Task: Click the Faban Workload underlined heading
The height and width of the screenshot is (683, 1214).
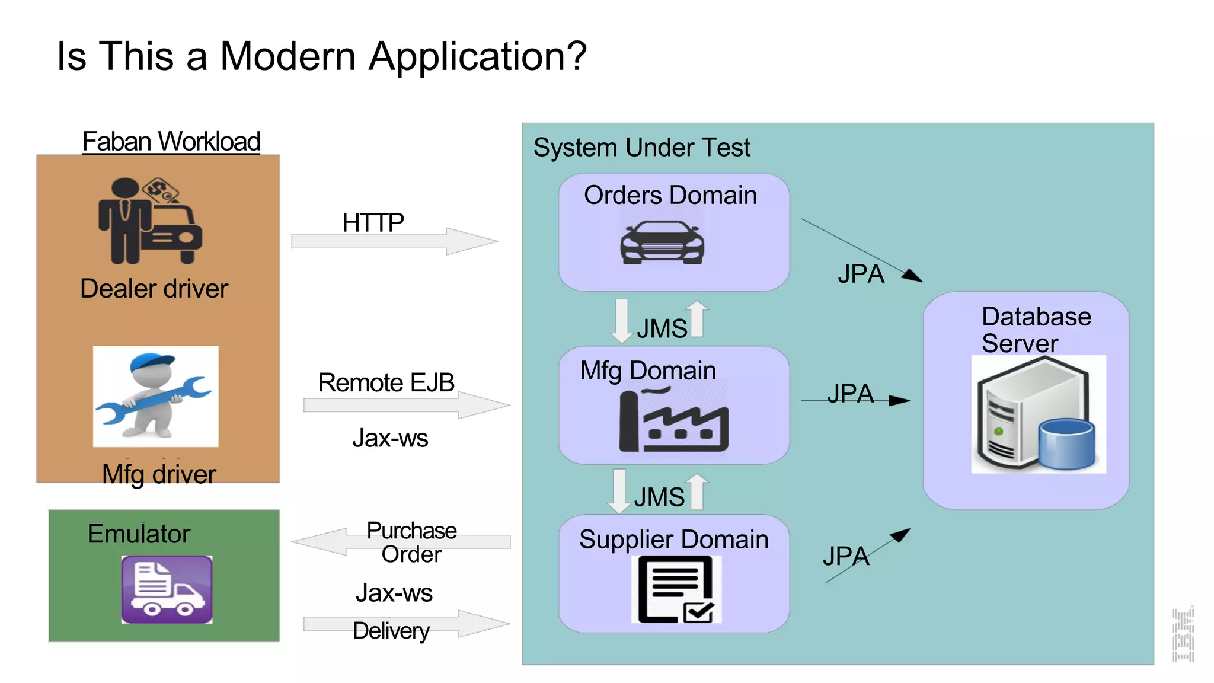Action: pos(171,142)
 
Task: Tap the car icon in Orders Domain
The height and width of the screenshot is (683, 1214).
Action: pos(662,242)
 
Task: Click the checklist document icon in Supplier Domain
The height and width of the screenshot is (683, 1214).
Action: pos(676,589)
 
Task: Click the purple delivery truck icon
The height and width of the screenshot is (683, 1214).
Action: pos(167,589)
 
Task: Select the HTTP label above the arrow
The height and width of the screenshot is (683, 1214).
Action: pos(373,223)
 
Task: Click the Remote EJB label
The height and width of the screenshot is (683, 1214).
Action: pos(386,382)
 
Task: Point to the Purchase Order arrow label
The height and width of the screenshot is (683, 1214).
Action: pos(411,542)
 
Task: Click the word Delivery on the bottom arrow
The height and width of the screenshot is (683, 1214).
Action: pos(391,630)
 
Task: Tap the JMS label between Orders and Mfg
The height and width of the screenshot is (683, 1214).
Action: pos(662,328)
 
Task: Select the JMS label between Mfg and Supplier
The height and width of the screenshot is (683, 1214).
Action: pos(659,497)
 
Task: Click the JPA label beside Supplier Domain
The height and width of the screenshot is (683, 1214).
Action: pos(845,556)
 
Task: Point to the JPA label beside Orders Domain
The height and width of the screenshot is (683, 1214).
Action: pos(861,274)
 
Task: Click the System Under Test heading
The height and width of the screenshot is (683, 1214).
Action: pos(641,147)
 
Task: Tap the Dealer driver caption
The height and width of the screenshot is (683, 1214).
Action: pos(154,289)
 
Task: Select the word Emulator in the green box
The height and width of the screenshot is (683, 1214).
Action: pos(139,534)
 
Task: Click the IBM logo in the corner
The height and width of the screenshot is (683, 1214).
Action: pos(1183,634)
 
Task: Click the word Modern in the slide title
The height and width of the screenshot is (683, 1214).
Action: pos(287,56)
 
